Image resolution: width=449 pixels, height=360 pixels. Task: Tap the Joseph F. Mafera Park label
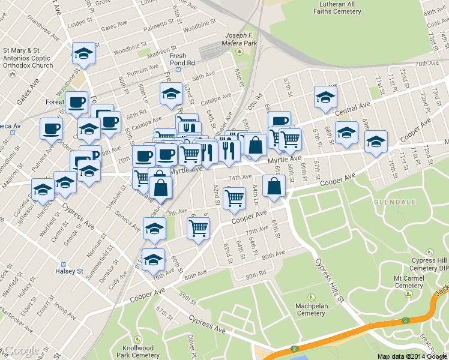[x=240, y=39]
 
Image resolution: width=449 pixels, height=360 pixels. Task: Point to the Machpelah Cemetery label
[x=311, y=309]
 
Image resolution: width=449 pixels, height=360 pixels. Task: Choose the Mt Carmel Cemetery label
[x=409, y=282]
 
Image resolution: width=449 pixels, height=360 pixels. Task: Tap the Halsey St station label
[x=71, y=271]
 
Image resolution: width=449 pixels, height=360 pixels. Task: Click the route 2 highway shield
[x=295, y=349]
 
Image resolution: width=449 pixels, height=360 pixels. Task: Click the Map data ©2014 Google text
[x=412, y=356]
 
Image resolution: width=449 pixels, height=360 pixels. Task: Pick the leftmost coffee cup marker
[x=50, y=128]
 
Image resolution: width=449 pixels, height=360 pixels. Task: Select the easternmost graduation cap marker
[x=376, y=142]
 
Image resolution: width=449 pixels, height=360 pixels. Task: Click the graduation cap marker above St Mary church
[x=83, y=53]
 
